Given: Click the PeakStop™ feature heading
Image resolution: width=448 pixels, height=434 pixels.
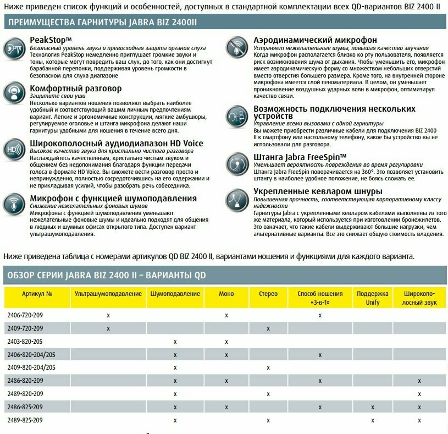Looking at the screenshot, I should tap(51, 40).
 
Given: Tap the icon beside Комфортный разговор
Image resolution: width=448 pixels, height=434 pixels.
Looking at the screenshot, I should tap(14, 92).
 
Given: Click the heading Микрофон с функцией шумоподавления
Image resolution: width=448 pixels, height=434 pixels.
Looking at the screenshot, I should tap(113, 198).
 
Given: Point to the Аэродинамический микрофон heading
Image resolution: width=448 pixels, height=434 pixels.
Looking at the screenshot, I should tap(315, 40).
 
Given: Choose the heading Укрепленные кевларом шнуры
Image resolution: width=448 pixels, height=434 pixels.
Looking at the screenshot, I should tap(318, 191).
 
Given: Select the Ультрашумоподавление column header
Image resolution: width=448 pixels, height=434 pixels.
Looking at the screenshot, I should tap(108, 294).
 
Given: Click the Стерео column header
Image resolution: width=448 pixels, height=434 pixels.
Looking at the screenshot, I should tap(268, 294).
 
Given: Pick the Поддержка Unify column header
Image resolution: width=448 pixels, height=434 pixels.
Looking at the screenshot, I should tap(373, 298).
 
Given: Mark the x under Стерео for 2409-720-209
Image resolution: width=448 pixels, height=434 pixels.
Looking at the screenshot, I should tap(268, 328).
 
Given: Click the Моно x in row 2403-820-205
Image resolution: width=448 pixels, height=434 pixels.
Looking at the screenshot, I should tap(226, 342).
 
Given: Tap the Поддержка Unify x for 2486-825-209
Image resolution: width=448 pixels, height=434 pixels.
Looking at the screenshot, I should tap(373, 407).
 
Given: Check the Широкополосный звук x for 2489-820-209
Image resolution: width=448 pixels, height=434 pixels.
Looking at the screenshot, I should tap(419, 394).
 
